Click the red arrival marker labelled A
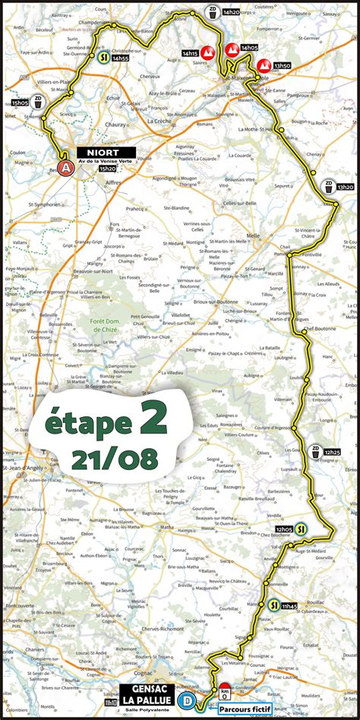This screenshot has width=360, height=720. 67,168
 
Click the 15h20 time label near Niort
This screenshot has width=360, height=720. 107,169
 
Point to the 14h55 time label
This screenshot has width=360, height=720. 119,58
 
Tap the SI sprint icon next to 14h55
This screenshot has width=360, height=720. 103,57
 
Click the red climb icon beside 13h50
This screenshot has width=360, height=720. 263,65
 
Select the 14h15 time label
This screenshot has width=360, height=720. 190,53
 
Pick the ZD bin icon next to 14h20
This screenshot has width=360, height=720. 213,12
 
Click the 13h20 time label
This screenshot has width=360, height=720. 346,187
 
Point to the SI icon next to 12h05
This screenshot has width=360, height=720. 302,529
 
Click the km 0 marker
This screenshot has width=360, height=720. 224,692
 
